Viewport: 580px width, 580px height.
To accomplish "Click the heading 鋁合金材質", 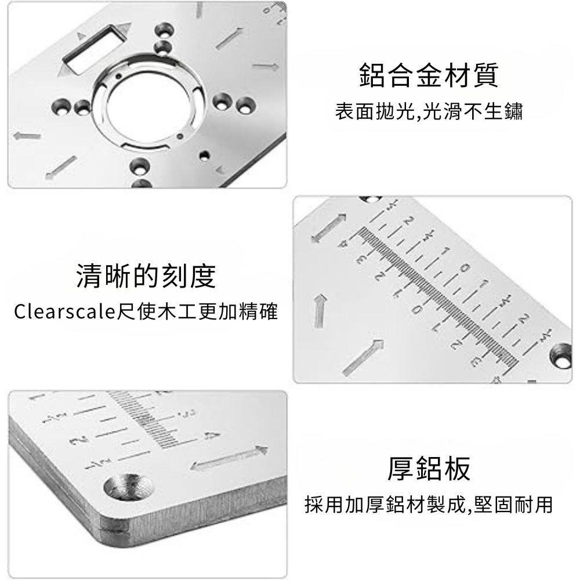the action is coord(429,75).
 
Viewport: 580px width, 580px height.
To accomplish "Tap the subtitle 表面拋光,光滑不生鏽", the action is coord(429,111).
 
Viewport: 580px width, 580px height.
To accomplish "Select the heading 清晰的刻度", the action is coord(146,276).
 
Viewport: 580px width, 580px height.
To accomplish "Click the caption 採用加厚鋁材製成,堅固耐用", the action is coord(429,505).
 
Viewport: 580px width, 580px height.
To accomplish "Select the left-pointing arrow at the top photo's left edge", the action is coord(27,136).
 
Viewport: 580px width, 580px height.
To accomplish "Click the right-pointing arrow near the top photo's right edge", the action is coord(266,67).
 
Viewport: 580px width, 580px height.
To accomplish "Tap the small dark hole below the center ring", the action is coord(204,155).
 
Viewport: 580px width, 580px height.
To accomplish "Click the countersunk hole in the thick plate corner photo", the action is coord(128,487).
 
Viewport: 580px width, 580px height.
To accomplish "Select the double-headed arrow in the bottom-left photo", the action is coord(229,458).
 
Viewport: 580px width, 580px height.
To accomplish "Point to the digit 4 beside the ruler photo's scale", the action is coord(343,244).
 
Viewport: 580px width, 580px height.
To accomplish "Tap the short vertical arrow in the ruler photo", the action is coord(320,311).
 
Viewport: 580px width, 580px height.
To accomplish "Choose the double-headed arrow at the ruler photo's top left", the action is coord(329,228).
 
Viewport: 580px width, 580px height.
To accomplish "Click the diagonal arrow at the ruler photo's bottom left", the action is coord(362,358).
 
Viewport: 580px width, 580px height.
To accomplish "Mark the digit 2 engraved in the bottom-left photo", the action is coord(78,441).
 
